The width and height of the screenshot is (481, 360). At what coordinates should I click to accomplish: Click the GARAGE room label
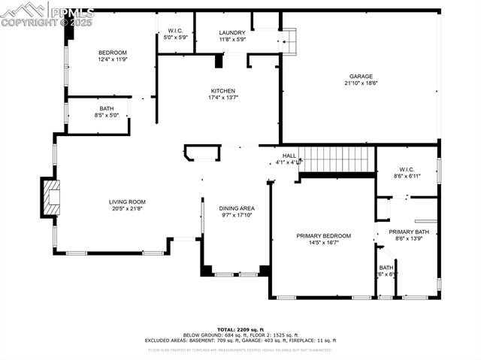tap(361, 76)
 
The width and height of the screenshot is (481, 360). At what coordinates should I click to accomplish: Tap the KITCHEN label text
tap(222, 91)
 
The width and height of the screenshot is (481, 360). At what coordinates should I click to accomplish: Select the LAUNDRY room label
tap(231, 33)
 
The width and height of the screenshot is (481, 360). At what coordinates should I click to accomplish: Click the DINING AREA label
tap(236, 208)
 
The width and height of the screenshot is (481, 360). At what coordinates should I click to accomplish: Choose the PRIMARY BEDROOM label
tap(323, 236)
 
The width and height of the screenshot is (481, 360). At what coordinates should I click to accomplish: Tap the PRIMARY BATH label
tap(409, 231)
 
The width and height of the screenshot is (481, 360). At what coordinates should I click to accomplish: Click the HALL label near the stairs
tap(289, 156)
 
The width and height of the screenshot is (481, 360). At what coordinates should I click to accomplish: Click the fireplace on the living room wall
tap(51, 198)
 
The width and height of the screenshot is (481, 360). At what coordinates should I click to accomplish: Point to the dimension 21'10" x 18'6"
tap(361, 83)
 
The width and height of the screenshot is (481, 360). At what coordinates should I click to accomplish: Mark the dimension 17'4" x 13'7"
tap(222, 98)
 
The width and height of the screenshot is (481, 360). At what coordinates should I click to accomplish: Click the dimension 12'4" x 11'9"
tap(113, 59)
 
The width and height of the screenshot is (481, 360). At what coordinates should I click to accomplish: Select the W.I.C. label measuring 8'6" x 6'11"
tap(407, 176)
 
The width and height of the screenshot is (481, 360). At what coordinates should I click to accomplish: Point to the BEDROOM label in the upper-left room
tap(113, 52)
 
